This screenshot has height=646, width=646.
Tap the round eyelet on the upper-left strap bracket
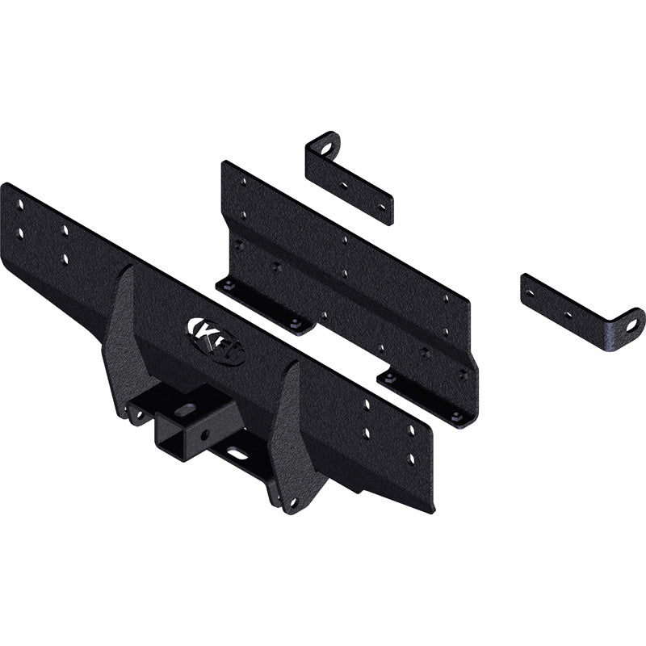[325, 149]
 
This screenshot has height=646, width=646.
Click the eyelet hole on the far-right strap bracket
[631, 325]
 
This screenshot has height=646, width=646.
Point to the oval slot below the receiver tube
[238, 454]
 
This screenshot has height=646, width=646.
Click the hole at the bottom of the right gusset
[292, 502]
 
